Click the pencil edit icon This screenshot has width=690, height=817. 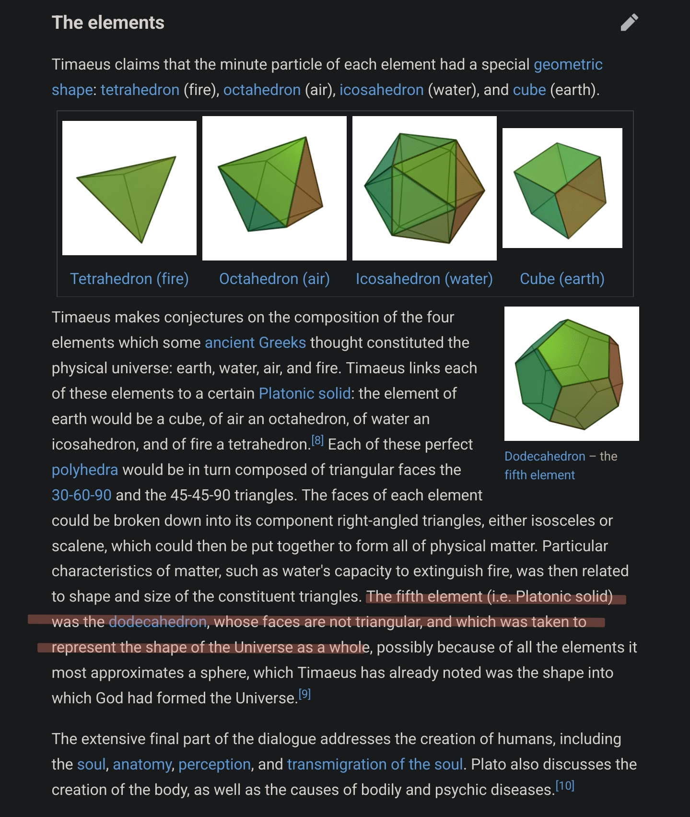[x=629, y=23]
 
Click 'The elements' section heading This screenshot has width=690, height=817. [x=108, y=23]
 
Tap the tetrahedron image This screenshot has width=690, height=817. [x=129, y=188]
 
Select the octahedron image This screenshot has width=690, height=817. [x=274, y=188]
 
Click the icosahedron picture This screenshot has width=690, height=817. [x=424, y=188]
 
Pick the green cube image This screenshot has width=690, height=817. [x=562, y=188]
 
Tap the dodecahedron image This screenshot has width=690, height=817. [x=572, y=374]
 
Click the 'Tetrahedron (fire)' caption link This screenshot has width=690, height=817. [x=129, y=279]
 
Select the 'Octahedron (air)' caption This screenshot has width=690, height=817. [x=274, y=279]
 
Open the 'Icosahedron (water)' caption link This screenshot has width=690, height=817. [x=424, y=279]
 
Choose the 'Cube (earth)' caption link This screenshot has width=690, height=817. [x=562, y=279]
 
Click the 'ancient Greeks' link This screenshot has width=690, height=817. [x=255, y=343]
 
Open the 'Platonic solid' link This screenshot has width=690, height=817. [x=304, y=393]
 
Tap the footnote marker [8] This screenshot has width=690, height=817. [x=317, y=440]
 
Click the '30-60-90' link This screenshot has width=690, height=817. [x=82, y=495]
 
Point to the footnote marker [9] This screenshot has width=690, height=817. [x=304, y=694]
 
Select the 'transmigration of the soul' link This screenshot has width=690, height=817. [x=375, y=764]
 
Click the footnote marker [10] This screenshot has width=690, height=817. [x=565, y=786]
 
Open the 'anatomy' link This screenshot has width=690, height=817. [x=142, y=764]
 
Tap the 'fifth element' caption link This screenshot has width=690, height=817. [x=539, y=475]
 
